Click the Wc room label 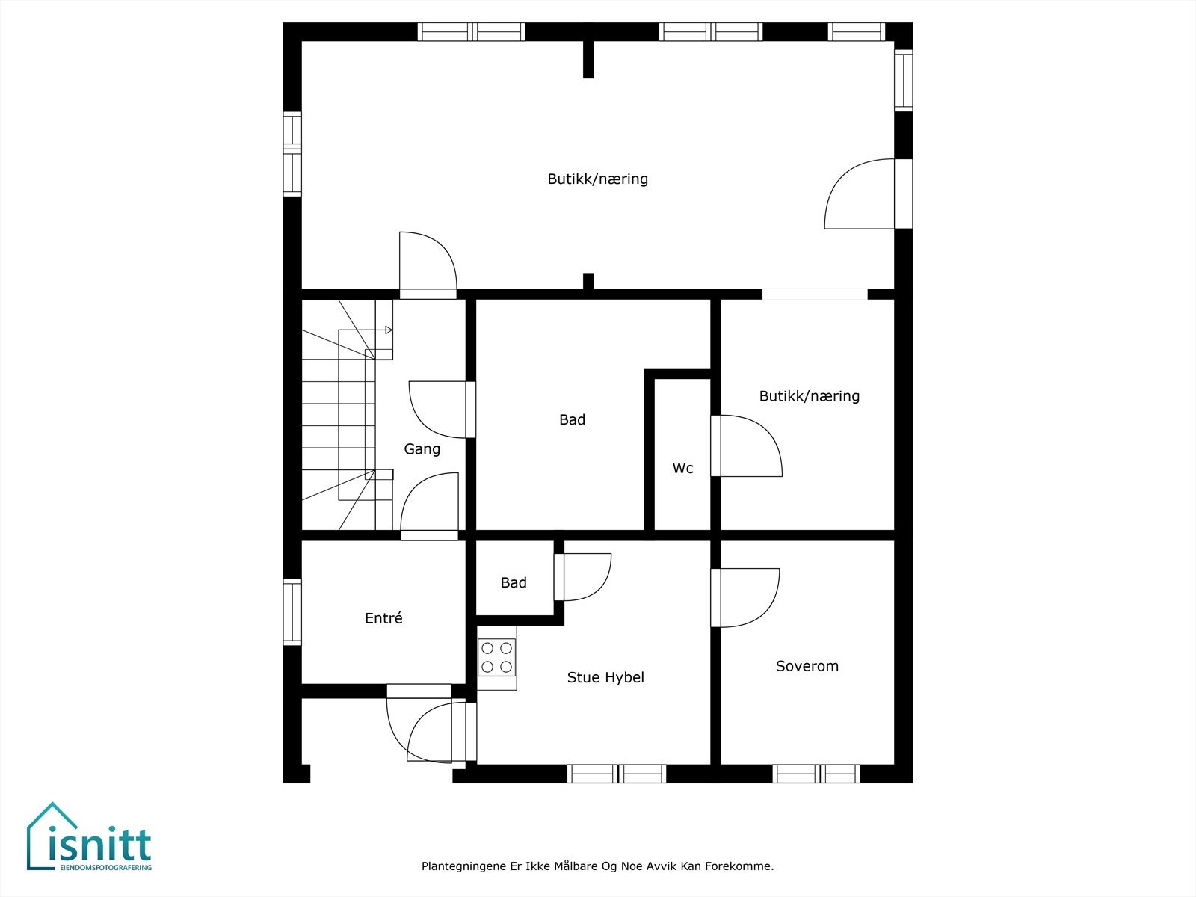682,469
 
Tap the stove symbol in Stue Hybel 497,657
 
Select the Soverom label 807,666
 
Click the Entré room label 383,618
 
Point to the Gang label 422,449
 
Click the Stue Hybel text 605,678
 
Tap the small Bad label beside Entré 514,583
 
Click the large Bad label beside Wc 572,420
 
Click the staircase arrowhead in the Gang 389,330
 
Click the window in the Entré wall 292,612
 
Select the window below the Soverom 816,774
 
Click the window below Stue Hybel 617,774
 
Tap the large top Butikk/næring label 597,179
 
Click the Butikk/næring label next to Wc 809,396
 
